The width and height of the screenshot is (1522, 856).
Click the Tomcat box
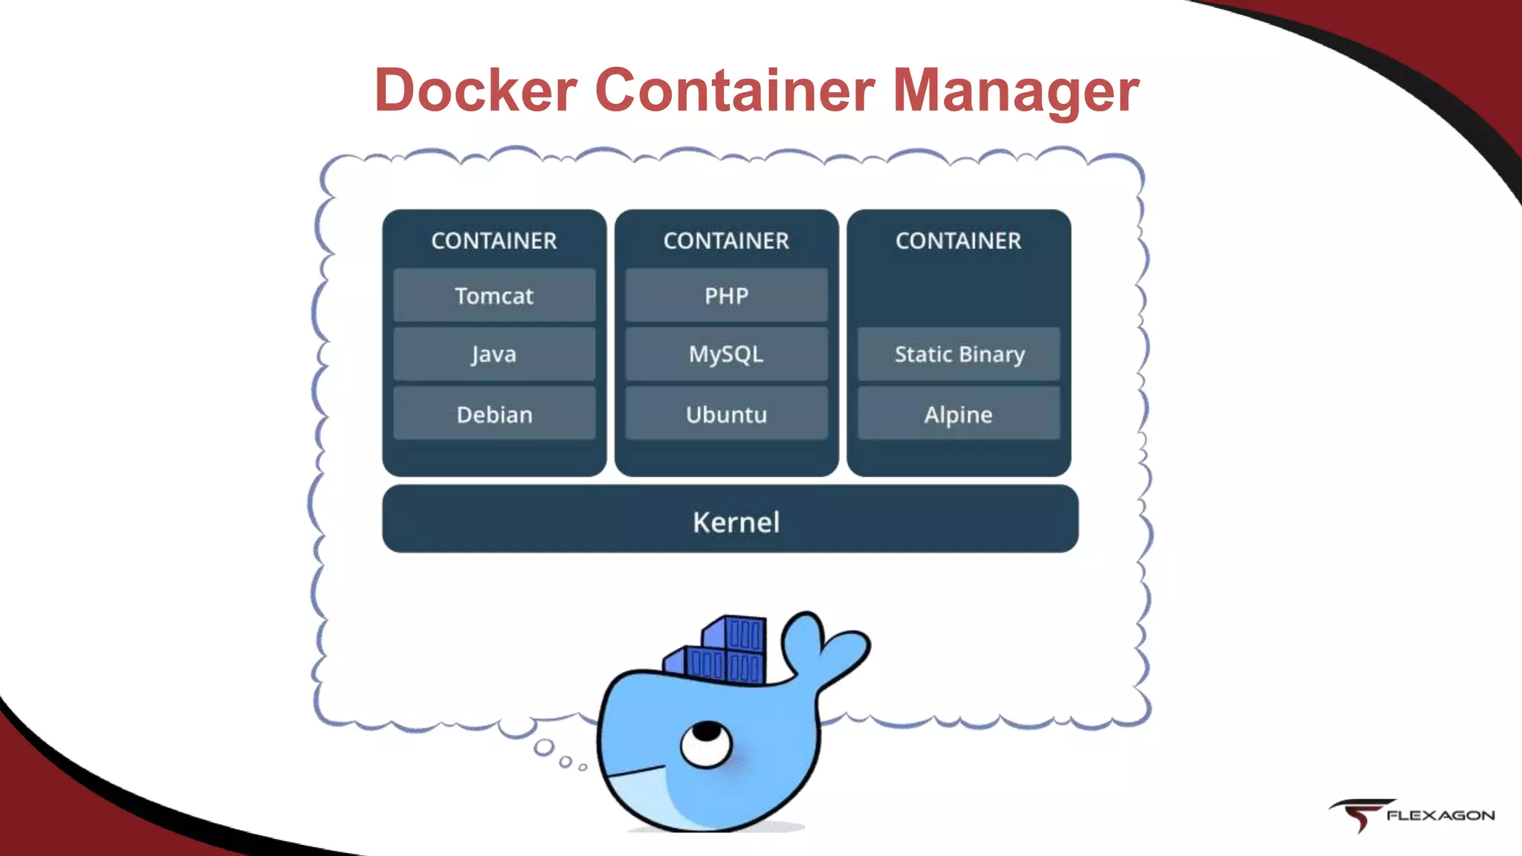pos(494,296)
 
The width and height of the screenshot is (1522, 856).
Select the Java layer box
pos(494,354)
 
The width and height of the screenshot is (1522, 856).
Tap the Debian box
pos(494,414)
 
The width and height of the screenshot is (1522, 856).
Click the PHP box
pos(726,296)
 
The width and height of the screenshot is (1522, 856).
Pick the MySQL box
pos(726,354)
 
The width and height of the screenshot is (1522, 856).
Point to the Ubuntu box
pos(726,414)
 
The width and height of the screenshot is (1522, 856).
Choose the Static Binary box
pos(959,354)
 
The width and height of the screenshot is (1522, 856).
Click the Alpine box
pos(959,414)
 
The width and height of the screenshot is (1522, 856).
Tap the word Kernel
pos(736,522)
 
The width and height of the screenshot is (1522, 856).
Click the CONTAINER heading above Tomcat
pos(494,241)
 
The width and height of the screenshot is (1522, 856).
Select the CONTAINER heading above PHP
pos(726,241)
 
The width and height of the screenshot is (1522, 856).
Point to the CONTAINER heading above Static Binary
pos(959,241)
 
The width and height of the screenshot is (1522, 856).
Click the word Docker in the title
pos(476,91)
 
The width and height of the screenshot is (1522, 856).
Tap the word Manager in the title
pos(1015,91)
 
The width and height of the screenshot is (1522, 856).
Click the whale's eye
pos(706,743)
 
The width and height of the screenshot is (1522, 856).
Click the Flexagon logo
pos(1412,815)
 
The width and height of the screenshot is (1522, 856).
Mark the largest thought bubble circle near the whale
pos(545,748)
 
